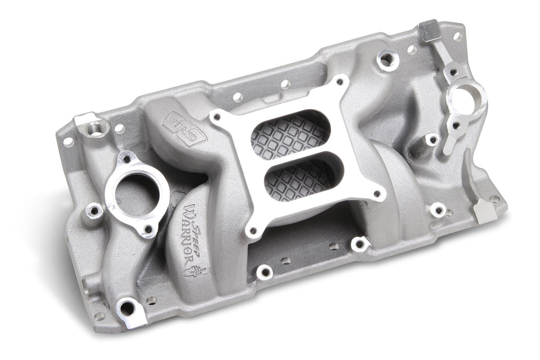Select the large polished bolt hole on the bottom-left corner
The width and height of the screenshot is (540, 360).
pyautogui.click(x=127, y=309)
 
